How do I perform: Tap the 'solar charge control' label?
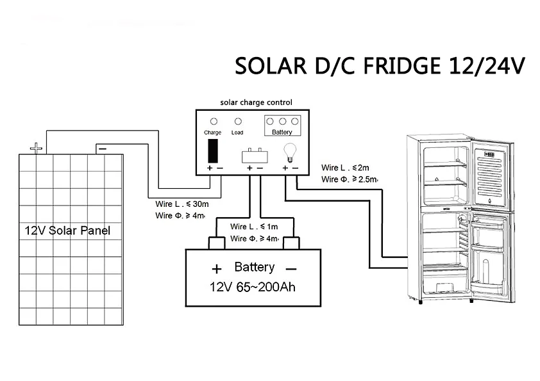tap(256, 102)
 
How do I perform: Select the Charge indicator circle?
tap(213, 120)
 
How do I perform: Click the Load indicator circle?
tap(237, 120)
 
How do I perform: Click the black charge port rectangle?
tap(213, 150)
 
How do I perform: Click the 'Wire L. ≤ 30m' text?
tap(179, 205)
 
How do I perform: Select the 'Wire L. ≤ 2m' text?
tap(346, 168)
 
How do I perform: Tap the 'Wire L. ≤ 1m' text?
tap(255, 227)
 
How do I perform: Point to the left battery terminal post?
tap(216, 243)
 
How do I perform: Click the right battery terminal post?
tap(292, 243)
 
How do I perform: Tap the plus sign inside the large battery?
tap(217, 268)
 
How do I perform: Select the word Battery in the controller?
tap(282, 133)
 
